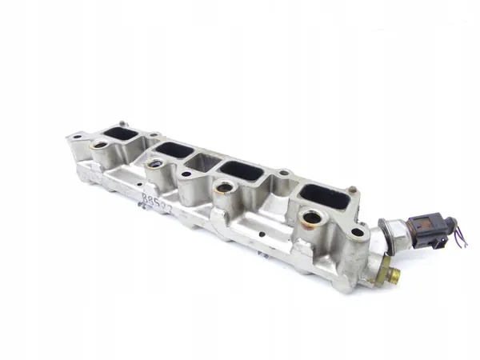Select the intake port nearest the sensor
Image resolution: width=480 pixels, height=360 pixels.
coord(325,195)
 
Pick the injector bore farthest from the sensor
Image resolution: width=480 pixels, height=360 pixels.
coord(101,146)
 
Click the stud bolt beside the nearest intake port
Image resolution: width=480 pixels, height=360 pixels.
coord(352,190)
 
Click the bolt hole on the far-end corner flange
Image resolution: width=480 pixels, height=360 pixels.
coord(77,137)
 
